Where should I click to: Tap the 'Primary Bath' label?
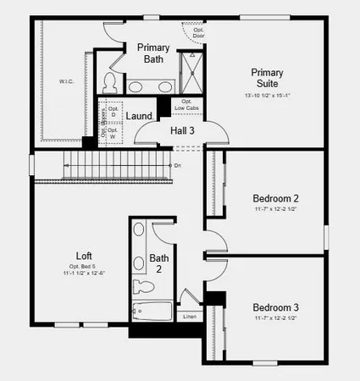coord(153,53)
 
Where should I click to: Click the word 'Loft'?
coord(83,256)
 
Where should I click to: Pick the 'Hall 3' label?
coord(182,130)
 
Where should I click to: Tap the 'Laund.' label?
coord(139,116)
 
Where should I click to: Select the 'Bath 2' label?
coord(159,263)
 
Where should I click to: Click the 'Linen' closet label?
coord(190,317)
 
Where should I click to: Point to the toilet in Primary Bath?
coord(109,81)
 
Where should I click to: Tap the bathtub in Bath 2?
coord(152,311)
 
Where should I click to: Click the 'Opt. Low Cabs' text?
coord(187,105)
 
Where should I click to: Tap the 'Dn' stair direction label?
coord(177,165)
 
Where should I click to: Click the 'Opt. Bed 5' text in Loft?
coord(83,266)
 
